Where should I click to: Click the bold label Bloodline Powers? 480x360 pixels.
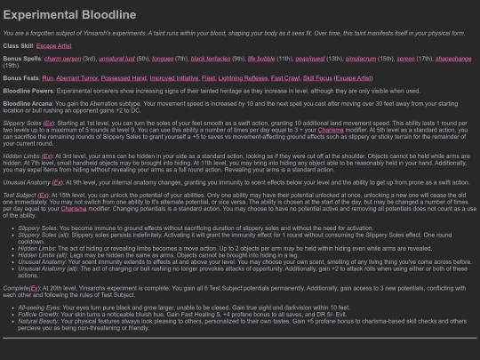pos(29,91)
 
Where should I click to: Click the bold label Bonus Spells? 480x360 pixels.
pos(23,58)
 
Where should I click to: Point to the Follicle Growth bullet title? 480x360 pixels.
pos(37,314)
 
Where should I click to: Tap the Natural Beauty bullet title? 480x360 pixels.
pos(36,320)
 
